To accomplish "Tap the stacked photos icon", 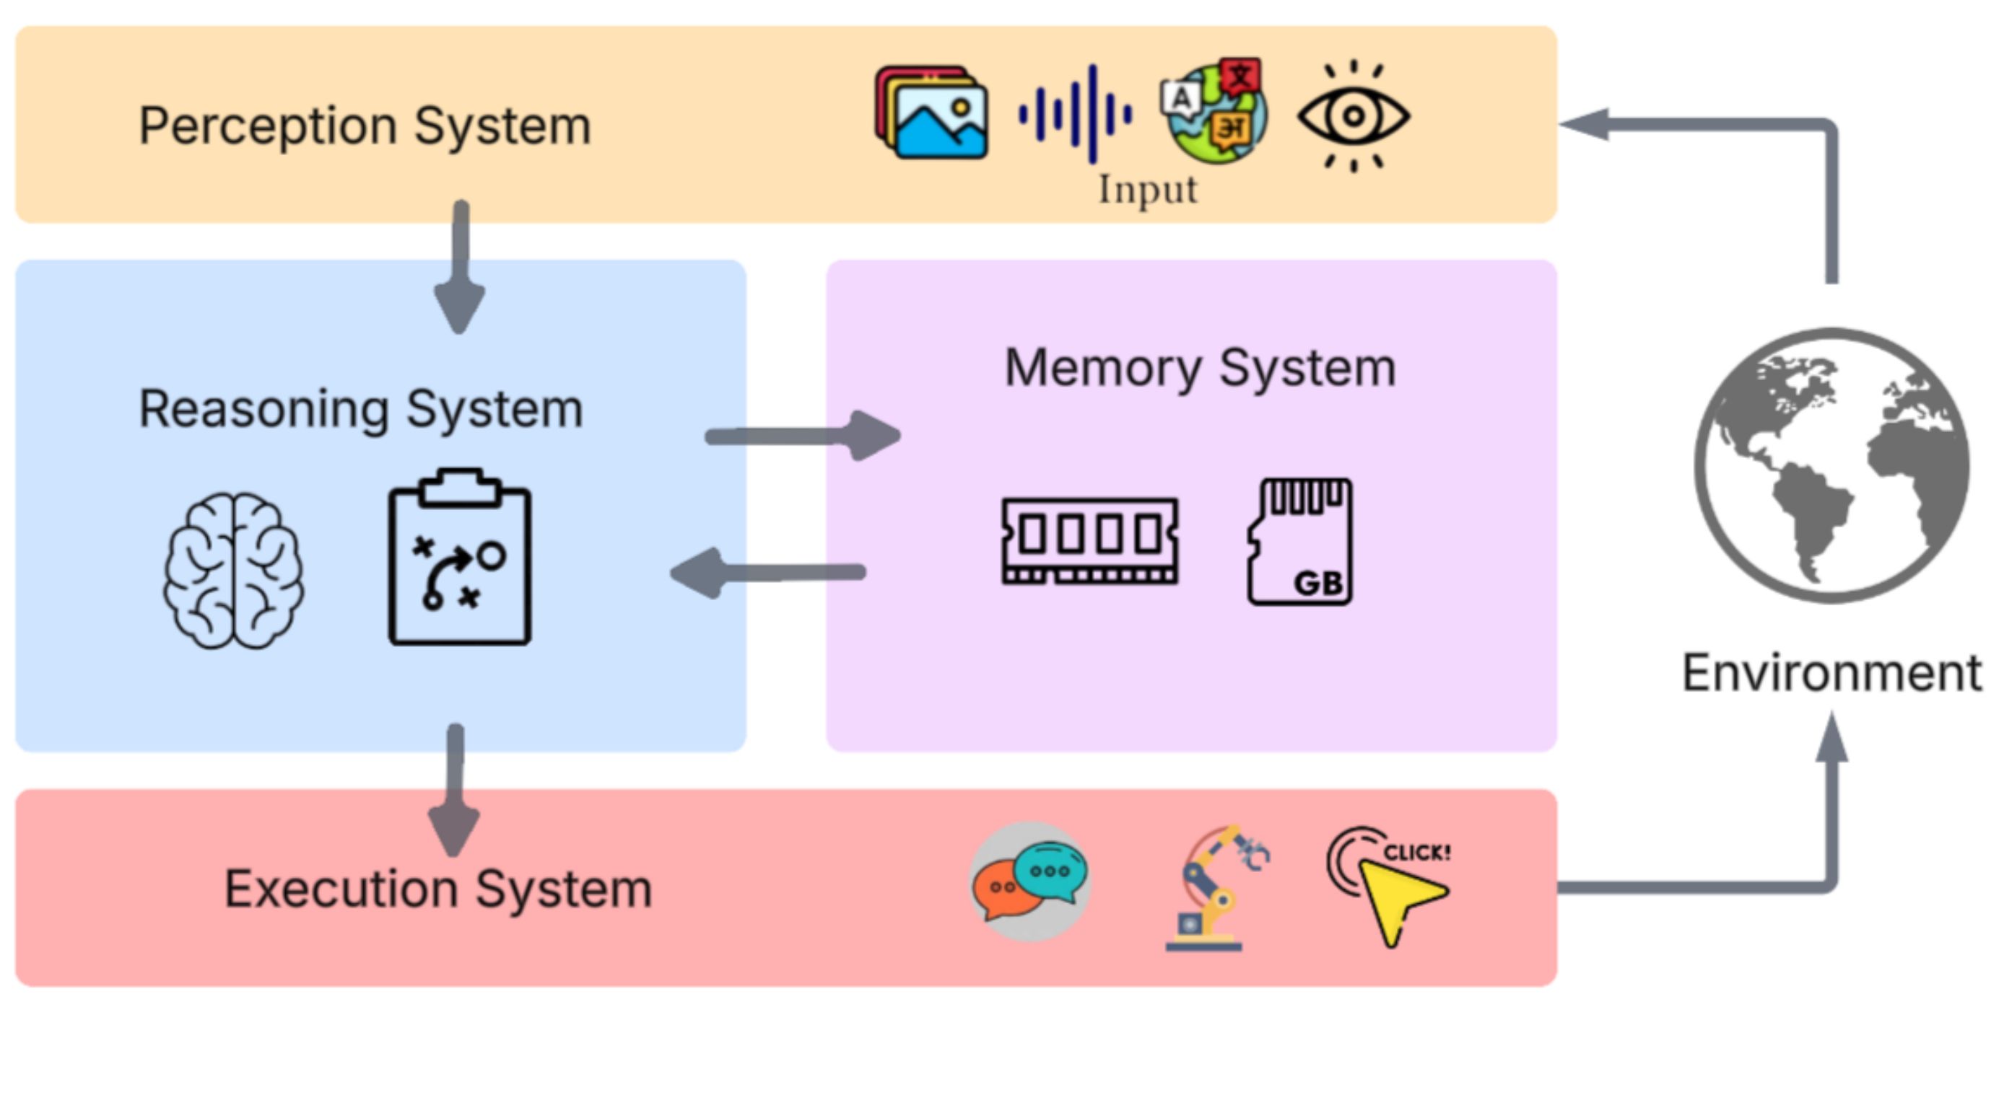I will pyautogui.click(x=932, y=113).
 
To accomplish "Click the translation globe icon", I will pyautogui.click(x=1214, y=110).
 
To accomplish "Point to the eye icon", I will pyautogui.click(x=1353, y=116).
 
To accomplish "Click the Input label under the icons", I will pyautogui.click(x=1148, y=190).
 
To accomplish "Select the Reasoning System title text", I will pyautogui.click(x=361, y=409).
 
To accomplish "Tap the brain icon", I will pyautogui.click(x=233, y=570).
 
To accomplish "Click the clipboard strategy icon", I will pyautogui.click(x=460, y=558).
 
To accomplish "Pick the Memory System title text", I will pyautogui.click(x=1200, y=368).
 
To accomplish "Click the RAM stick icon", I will pyautogui.click(x=1090, y=540).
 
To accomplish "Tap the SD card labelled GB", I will pyautogui.click(x=1300, y=541).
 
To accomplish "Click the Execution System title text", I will pyautogui.click(x=438, y=889).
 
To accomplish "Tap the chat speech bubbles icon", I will pyautogui.click(x=1030, y=881).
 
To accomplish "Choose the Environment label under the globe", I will pyautogui.click(x=1831, y=673).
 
